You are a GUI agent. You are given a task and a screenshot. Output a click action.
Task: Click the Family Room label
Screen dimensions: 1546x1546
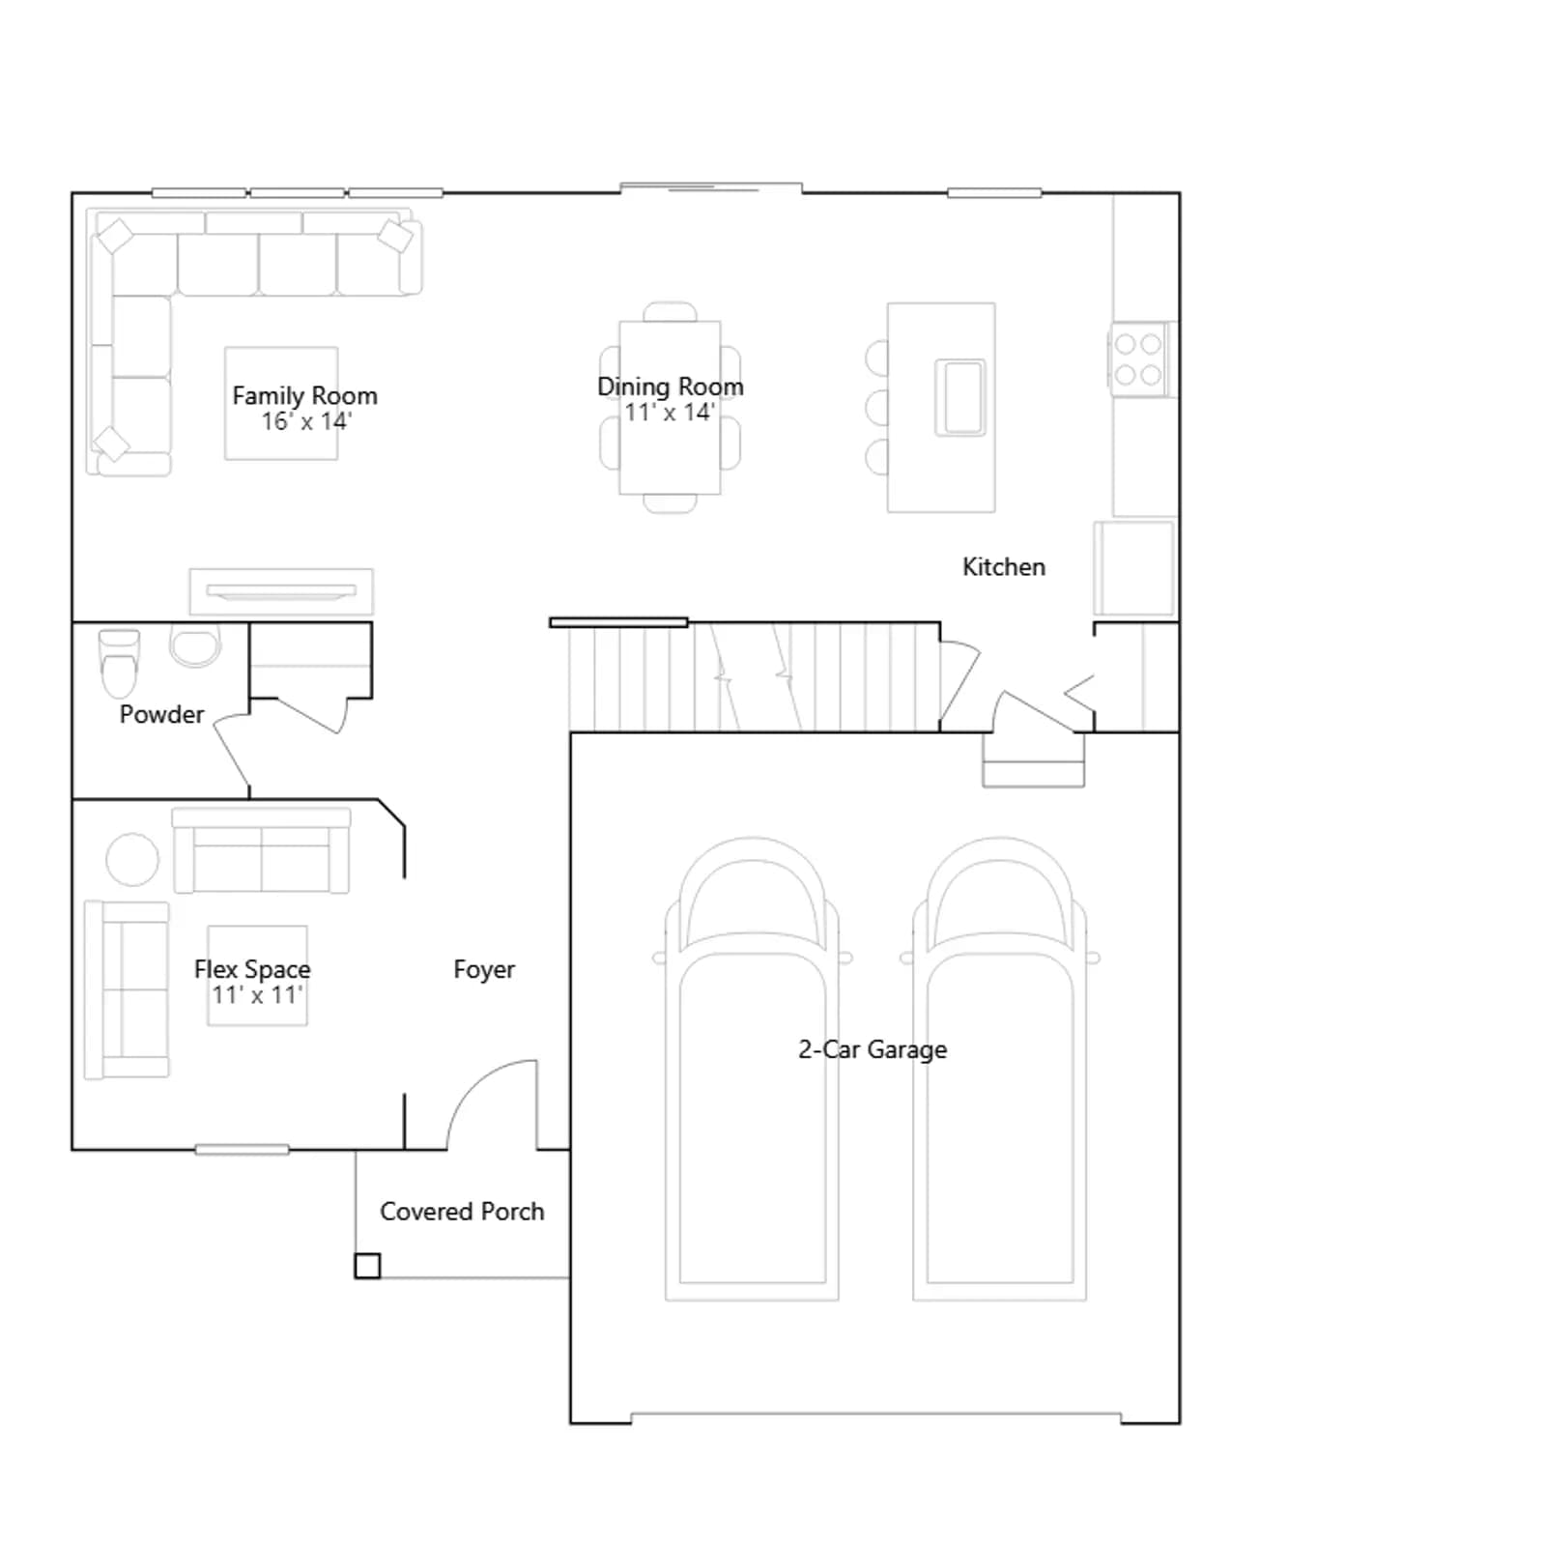click(304, 396)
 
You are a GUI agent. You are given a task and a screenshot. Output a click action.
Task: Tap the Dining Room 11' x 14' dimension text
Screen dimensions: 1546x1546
click(670, 413)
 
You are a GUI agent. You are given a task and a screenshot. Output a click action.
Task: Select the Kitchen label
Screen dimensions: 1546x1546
click(1004, 567)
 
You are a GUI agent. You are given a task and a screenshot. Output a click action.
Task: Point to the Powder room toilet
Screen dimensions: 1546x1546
click(119, 663)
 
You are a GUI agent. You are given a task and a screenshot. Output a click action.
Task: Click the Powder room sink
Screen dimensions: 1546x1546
click(195, 645)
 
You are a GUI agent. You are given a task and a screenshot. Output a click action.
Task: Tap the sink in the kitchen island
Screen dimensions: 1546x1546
click(960, 397)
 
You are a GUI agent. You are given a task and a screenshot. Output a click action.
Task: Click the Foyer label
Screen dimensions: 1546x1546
click(484, 969)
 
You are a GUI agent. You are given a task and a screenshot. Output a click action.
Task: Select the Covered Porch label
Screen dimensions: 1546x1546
click(462, 1212)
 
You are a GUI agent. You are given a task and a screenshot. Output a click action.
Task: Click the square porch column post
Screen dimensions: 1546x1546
click(367, 1266)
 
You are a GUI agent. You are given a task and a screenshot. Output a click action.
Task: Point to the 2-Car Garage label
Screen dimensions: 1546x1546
click(873, 1050)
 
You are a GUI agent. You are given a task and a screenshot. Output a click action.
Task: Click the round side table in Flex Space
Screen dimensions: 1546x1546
click(132, 859)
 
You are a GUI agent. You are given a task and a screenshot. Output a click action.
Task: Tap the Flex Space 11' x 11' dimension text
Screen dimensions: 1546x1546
click(257, 995)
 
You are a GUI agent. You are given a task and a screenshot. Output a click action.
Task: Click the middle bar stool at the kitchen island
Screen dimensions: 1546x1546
click(877, 408)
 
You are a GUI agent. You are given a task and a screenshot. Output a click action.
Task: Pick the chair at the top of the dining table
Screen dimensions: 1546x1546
click(670, 311)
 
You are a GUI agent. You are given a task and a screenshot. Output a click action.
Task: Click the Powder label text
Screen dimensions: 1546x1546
click(161, 715)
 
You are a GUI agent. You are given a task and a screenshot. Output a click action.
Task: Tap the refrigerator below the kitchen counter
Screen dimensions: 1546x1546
click(1134, 569)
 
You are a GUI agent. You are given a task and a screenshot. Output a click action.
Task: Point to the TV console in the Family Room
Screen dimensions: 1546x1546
click(281, 591)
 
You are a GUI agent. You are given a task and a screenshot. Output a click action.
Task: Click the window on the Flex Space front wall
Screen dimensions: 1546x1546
click(242, 1150)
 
